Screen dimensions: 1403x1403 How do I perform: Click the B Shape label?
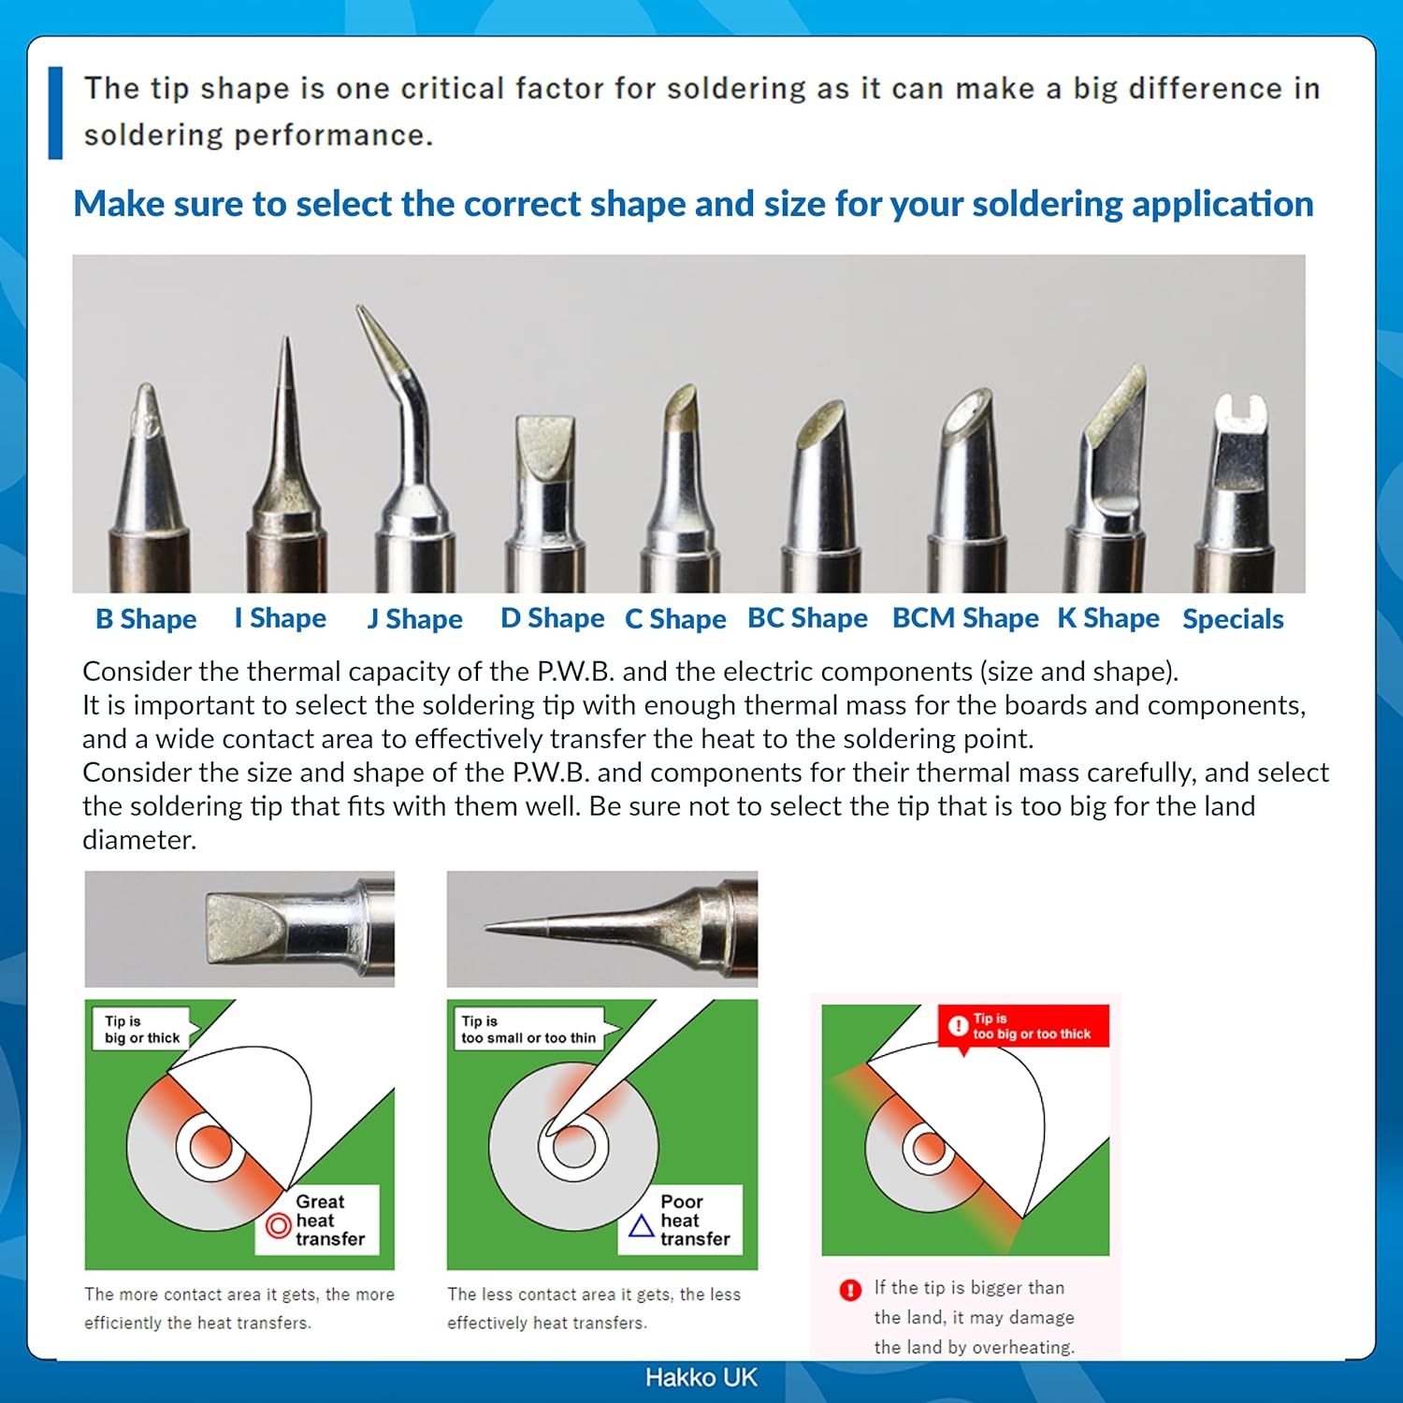coord(146,619)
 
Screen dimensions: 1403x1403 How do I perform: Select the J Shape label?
coord(414,619)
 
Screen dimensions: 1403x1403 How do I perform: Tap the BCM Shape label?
coord(964,618)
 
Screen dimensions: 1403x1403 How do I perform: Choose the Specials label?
coord(1232,619)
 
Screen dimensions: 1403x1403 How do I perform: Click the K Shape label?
coord(1107,618)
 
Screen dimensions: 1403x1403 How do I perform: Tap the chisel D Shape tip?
coord(545,449)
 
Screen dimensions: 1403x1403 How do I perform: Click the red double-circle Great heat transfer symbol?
coord(279,1225)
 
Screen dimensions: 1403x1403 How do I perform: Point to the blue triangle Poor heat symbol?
coord(641,1225)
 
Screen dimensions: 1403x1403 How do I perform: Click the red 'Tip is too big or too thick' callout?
coord(1023,1026)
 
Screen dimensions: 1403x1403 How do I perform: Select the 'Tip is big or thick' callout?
coord(141,1030)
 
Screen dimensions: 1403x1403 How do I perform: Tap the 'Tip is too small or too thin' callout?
coord(528,1030)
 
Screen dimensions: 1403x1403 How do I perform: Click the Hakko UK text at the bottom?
coord(701,1378)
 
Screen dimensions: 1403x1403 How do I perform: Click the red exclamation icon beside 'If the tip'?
coord(849,1291)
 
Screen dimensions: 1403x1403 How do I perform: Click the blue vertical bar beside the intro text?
coord(55,112)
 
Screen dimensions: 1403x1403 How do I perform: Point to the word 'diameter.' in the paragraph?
coord(139,840)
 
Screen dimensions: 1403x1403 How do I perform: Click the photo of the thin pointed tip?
coord(601,928)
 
